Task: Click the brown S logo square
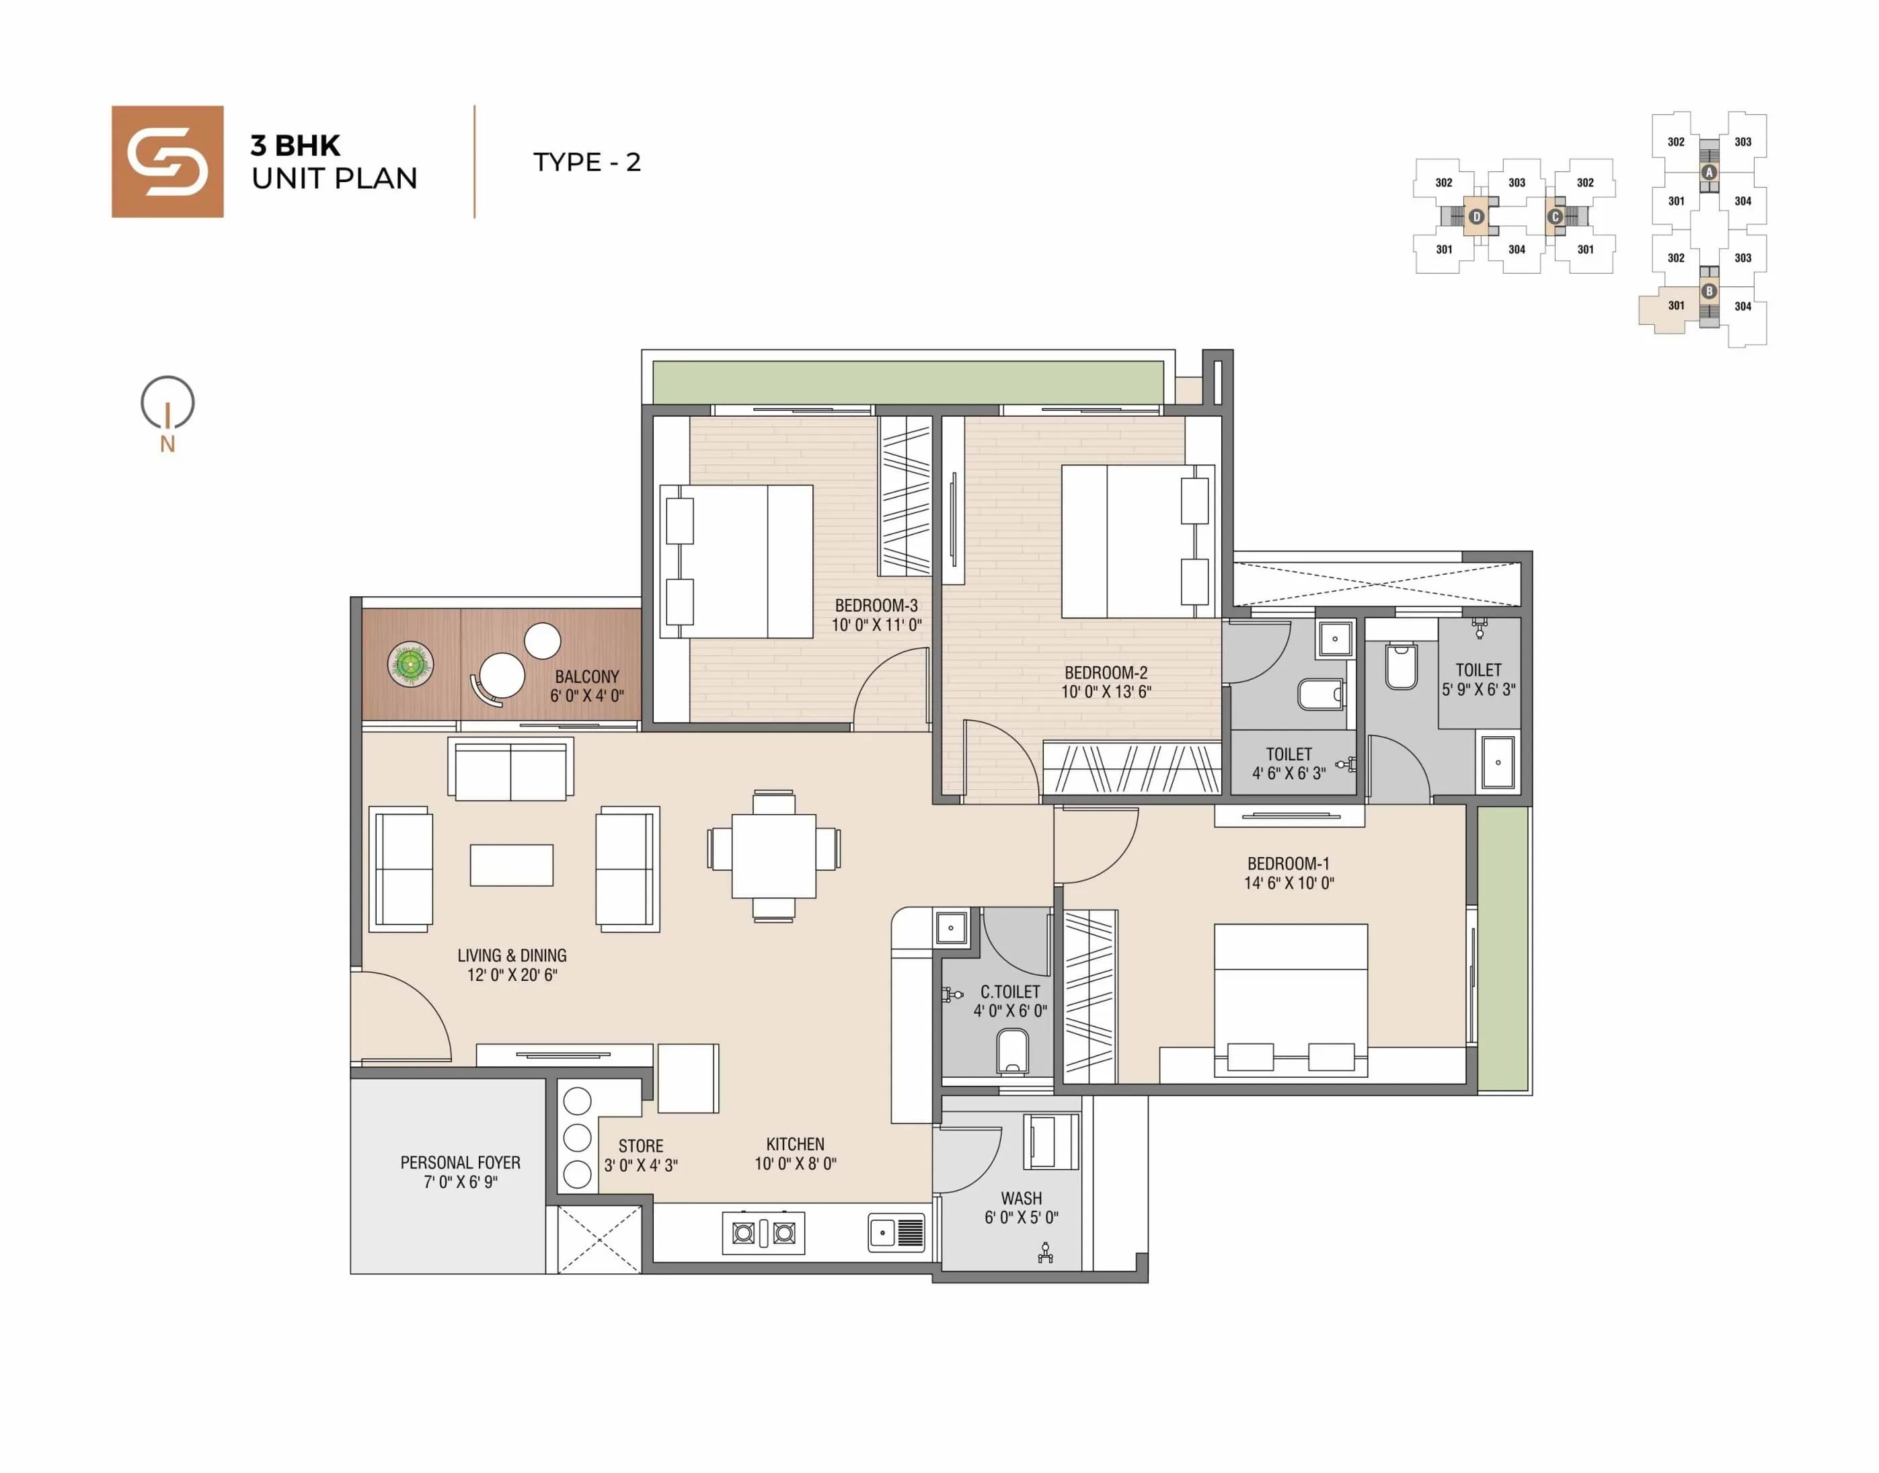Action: (x=167, y=161)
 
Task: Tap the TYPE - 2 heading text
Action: (x=586, y=162)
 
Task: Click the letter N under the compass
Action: (x=167, y=444)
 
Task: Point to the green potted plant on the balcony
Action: (x=411, y=664)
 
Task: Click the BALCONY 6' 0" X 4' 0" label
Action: (x=586, y=686)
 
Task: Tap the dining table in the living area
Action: (x=774, y=857)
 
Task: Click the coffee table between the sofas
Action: (x=512, y=865)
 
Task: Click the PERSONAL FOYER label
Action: (x=460, y=1172)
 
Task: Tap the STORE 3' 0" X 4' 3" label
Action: (x=640, y=1156)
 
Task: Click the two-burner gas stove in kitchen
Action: (x=763, y=1233)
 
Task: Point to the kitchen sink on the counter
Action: (x=896, y=1232)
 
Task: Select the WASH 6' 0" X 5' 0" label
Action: (x=1022, y=1207)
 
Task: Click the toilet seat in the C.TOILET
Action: (x=1013, y=1051)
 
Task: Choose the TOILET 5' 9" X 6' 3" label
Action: (x=1478, y=680)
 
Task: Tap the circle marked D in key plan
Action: (x=1476, y=216)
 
